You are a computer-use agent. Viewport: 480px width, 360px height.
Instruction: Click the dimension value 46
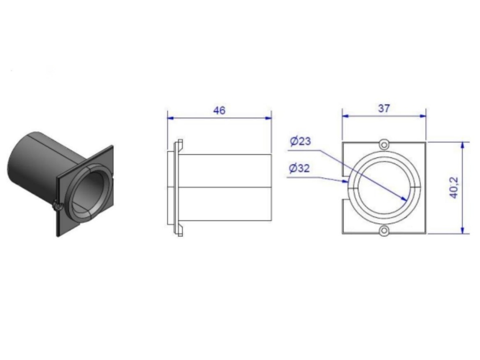point(219,110)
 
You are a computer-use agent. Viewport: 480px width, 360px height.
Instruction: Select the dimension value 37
point(384,108)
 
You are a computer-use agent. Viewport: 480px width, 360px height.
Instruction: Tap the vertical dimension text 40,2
point(454,187)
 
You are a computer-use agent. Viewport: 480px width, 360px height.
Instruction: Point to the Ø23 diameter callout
point(300,141)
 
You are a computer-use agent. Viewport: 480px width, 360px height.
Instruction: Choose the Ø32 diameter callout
point(300,168)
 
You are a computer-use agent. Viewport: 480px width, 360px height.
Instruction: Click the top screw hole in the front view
point(384,144)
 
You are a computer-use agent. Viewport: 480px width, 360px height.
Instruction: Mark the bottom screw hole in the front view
point(384,231)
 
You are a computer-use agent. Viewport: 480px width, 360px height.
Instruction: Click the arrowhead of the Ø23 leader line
point(404,198)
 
